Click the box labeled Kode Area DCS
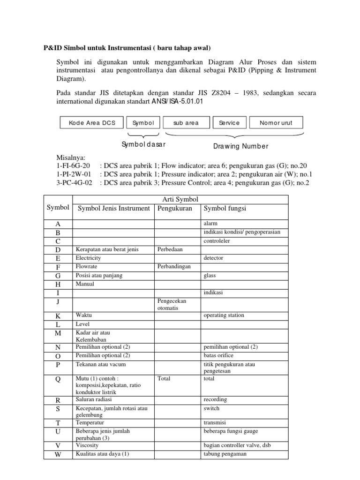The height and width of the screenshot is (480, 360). (92, 123)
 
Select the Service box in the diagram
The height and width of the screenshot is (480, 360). (229, 123)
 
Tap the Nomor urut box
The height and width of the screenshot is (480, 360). (276, 123)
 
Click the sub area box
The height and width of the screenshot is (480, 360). (186, 123)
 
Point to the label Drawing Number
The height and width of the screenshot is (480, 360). (241, 146)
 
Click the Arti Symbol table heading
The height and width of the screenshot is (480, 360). (180, 199)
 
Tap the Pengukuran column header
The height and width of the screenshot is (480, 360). (175, 208)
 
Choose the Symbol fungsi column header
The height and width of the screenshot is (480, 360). (225, 208)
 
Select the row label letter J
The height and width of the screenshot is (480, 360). (57, 302)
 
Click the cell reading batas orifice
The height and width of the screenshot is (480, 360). (218, 355)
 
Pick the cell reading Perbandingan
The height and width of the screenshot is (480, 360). (174, 267)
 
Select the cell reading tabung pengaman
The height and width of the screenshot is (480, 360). (225, 454)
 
